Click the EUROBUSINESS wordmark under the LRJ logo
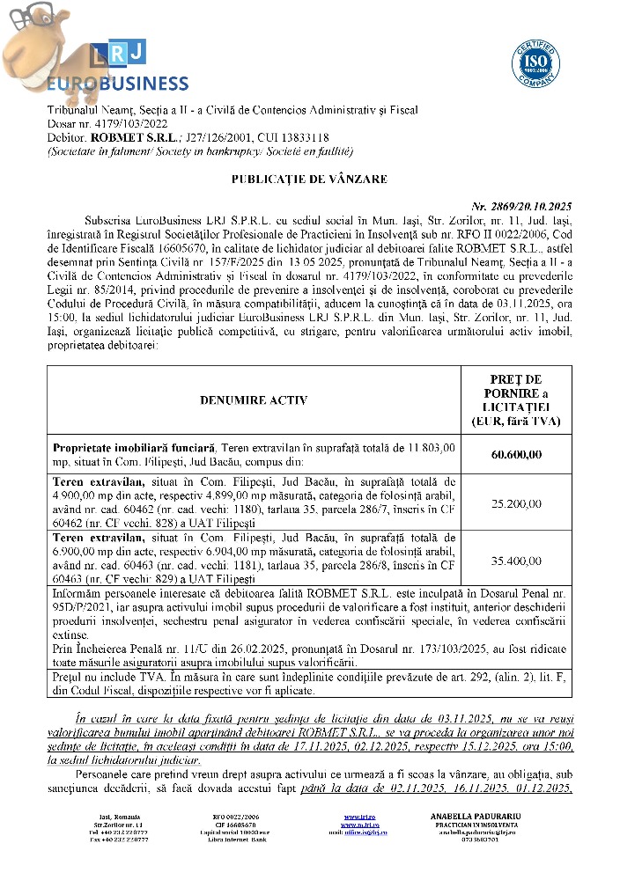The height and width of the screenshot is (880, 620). pos(116,84)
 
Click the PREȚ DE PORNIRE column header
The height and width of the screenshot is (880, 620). pos(519,400)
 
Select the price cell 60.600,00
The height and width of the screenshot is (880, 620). pos(519,454)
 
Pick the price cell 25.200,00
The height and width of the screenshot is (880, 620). pos(519,504)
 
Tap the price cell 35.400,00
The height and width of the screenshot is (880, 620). pos(519,560)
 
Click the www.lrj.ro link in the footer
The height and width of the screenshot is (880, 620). pos(355,816)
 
